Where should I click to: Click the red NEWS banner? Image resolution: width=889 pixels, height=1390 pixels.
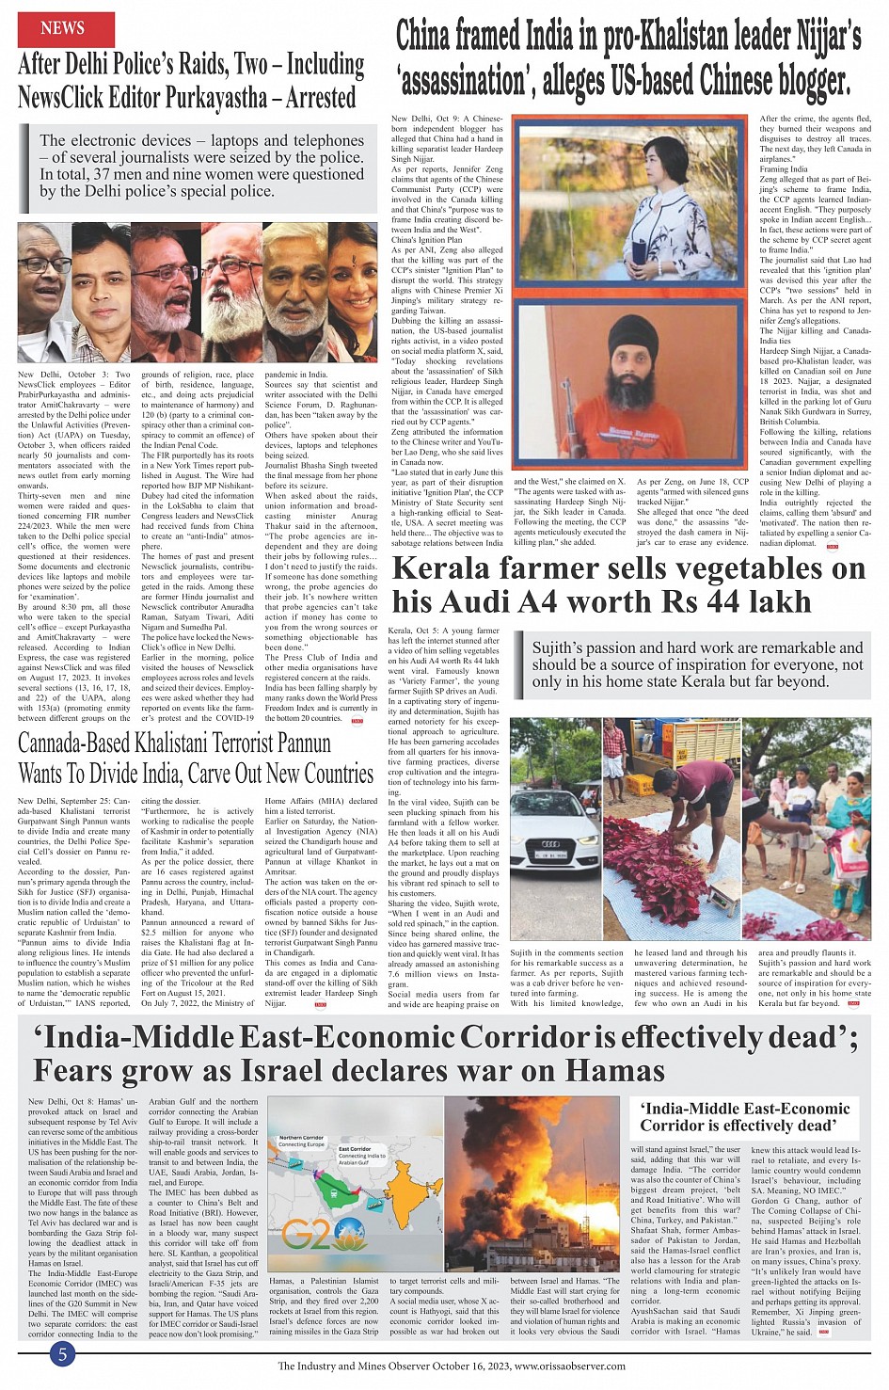(x=63, y=28)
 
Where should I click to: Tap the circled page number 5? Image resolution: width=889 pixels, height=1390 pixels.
(x=62, y=1354)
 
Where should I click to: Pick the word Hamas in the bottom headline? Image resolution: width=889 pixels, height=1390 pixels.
(x=615, y=1071)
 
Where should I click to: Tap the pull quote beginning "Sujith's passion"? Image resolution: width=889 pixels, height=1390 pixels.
(x=698, y=664)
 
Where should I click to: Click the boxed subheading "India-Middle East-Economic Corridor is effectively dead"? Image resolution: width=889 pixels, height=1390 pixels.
(x=745, y=1116)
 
